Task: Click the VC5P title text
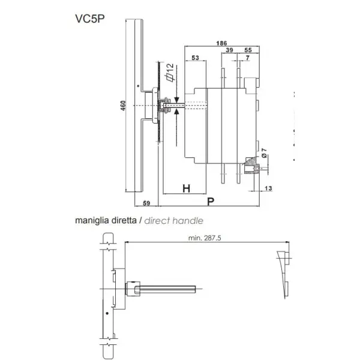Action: [90, 19]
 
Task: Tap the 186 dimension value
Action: [221, 43]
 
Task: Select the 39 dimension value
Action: [229, 50]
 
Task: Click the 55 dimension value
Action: [248, 50]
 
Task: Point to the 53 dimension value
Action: [195, 58]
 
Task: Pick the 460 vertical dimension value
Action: [123, 106]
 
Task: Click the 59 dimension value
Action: [146, 203]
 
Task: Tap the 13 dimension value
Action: [268, 188]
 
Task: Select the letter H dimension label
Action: [186, 188]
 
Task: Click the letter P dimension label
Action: [211, 202]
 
